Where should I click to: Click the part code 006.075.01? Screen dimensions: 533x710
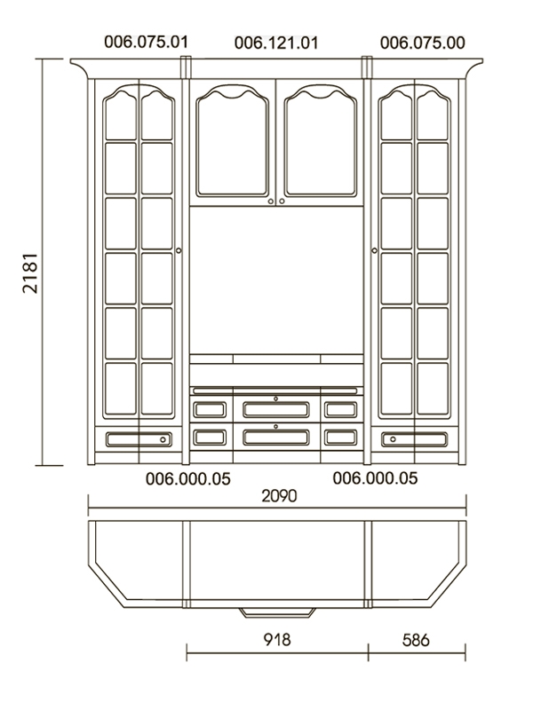coord(146,42)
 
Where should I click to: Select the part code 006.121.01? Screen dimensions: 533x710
coord(276,43)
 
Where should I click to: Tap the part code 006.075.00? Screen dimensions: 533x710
coord(423,43)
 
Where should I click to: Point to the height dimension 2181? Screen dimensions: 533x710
coord(30,273)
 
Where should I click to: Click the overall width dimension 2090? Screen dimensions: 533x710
coord(279,496)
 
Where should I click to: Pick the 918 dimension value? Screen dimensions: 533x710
coord(277,640)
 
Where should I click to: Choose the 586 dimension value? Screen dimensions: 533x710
coord(416,640)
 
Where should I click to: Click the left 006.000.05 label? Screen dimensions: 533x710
coord(188,479)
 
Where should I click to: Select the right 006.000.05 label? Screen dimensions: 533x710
coord(375,478)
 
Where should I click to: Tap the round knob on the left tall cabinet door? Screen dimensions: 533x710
coord(179,250)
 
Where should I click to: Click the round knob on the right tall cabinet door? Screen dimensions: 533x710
coord(374,250)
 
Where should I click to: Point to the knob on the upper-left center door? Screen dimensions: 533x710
coord(271,201)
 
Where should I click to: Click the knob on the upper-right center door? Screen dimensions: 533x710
coord(282,201)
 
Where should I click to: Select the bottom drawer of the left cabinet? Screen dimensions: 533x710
coord(139,439)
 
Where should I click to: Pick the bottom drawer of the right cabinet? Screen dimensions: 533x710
coord(414,439)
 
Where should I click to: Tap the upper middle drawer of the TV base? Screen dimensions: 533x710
coord(276,409)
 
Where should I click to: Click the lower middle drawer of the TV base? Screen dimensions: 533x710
coord(276,437)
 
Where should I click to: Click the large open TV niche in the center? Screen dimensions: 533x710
coord(276,280)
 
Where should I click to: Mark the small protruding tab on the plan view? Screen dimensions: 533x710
coord(277,612)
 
